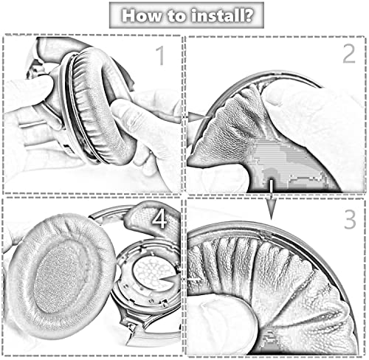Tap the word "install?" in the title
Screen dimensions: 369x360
coord(222,15)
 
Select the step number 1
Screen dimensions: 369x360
coord(160,56)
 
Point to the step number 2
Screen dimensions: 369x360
coord(349,54)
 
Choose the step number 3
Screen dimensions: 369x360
coord(350,220)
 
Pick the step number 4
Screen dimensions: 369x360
coord(159,219)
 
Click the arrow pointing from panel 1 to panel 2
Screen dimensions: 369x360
coord(198,117)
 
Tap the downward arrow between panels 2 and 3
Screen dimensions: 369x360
coord(271,199)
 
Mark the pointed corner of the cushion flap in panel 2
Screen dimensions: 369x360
coord(191,162)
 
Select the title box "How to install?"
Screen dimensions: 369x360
coord(187,15)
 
